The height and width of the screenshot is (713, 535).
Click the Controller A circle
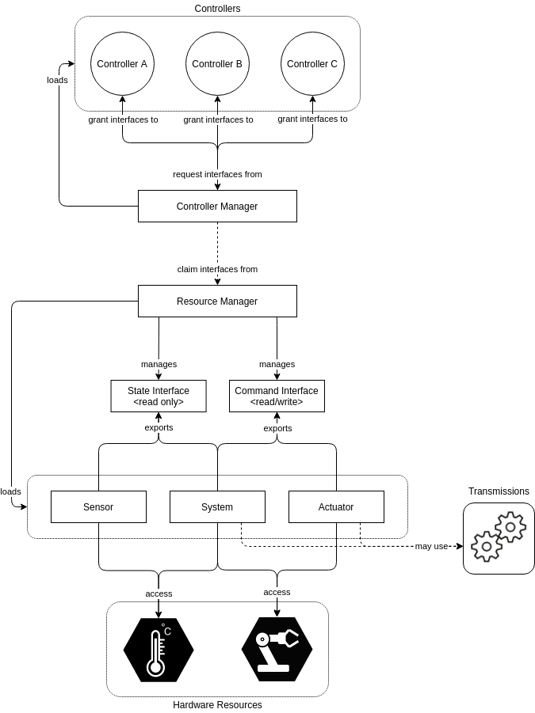click(x=122, y=64)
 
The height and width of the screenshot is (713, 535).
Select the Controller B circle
click(x=217, y=64)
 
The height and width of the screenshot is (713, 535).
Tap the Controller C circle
click(x=312, y=64)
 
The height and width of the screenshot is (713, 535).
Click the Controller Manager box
click(x=217, y=206)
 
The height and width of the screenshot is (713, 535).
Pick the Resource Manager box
click(x=217, y=301)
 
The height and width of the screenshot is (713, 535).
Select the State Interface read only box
click(x=159, y=396)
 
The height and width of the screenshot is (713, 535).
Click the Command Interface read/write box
click(x=277, y=396)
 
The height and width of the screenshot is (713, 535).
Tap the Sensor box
click(x=98, y=506)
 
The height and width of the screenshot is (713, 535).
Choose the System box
click(x=217, y=506)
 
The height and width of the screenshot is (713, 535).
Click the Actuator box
click(x=336, y=506)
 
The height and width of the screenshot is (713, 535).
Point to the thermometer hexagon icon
click(x=159, y=650)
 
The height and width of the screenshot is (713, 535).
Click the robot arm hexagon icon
click(x=277, y=650)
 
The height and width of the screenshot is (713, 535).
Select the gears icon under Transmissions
click(x=499, y=537)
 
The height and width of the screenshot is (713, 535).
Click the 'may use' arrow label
click(x=431, y=546)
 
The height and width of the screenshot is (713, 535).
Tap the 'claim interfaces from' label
click(x=217, y=269)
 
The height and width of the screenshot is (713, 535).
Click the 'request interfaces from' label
click(x=217, y=174)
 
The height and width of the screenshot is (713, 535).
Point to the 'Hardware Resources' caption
click(x=217, y=704)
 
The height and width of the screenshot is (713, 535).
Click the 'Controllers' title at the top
click(x=217, y=8)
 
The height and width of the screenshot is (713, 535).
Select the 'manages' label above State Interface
click(x=159, y=364)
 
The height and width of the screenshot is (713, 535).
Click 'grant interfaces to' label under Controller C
click(x=312, y=119)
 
